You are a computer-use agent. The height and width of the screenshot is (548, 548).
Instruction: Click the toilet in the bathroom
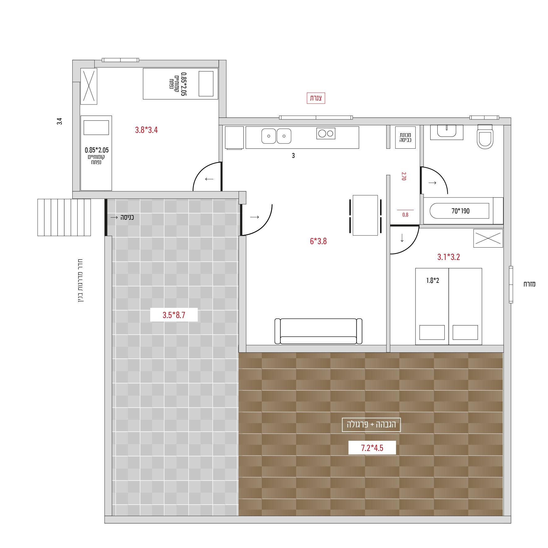tap(485, 137)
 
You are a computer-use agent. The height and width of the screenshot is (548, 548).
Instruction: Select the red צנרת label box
tap(316, 98)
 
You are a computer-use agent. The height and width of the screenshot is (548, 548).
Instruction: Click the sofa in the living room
tap(318, 331)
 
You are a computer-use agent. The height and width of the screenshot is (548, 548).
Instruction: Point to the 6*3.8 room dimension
tap(318, 241)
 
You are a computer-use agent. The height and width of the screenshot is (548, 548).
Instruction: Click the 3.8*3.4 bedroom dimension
tap(146, 130)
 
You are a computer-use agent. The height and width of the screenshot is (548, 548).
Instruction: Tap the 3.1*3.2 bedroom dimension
tap(448, 257)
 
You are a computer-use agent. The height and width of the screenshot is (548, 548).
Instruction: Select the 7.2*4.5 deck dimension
tap(372, 448)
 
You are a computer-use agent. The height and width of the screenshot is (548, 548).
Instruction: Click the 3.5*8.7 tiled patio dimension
tap(174, 315)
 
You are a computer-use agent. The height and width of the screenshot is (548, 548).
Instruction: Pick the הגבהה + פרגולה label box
tap(371, 425)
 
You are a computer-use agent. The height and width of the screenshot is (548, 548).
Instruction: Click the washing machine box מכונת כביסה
tap(405, 138)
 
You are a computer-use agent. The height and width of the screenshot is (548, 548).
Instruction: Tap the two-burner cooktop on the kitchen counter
tap(326, 134)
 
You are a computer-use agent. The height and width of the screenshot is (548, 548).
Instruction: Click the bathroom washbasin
tap(447, 132)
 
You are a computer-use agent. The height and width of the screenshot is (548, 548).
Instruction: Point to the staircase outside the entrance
tap(64, 217)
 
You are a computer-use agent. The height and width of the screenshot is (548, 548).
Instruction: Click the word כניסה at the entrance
tap(127, 217)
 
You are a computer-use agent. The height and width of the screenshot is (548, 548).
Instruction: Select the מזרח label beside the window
tap(529, 284)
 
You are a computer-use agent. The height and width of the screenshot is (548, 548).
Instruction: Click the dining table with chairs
tap(365, 215)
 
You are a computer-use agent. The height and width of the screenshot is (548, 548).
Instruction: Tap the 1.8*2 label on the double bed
tap(432, 280)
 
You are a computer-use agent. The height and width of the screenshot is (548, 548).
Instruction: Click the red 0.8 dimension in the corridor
tap(405, 215)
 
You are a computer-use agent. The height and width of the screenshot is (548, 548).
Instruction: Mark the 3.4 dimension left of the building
tap(59, 121)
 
